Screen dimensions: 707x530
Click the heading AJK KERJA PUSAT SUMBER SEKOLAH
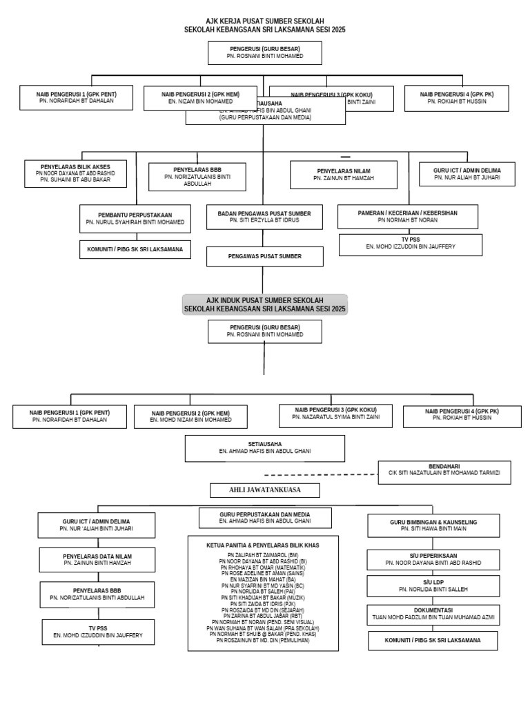point(265,21)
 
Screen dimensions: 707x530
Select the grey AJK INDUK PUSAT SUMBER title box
point(265,304)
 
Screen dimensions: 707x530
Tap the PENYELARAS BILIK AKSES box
point(77,173)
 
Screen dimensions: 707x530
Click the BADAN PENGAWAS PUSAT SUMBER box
point(264,217)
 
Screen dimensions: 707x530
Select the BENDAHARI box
point(444,472)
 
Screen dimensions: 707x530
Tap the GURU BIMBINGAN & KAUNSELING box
point(433,525)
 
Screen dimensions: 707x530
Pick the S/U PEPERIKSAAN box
point(433,559)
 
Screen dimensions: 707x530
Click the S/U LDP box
point(433,586)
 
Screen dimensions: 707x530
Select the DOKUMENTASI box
point(433,614)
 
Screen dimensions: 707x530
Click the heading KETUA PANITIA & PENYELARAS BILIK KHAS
point(264,545)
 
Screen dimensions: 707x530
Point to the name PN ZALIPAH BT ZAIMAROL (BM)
point(263,555)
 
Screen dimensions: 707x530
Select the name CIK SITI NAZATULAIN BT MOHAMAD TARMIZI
point(444,476)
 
